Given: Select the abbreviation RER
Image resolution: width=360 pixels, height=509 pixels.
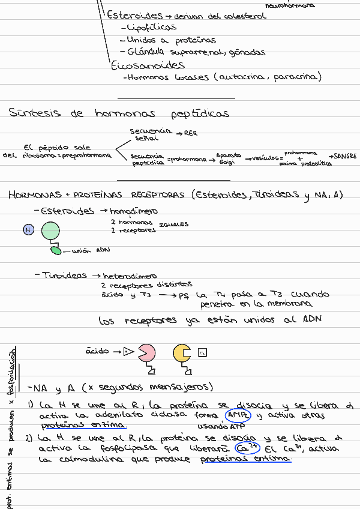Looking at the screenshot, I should click(x=190, y=133).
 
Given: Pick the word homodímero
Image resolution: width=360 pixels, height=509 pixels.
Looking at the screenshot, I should click(x=134, y=211).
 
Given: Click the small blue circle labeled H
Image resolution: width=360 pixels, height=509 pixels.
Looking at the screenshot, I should click(x=28, y=230).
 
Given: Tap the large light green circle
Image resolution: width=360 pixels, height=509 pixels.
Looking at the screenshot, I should click(x=50, y=230).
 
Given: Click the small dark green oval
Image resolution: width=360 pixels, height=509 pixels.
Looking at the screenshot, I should click(x=56, y=250).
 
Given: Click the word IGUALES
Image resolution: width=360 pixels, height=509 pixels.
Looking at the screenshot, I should click(x=173, y=224).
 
